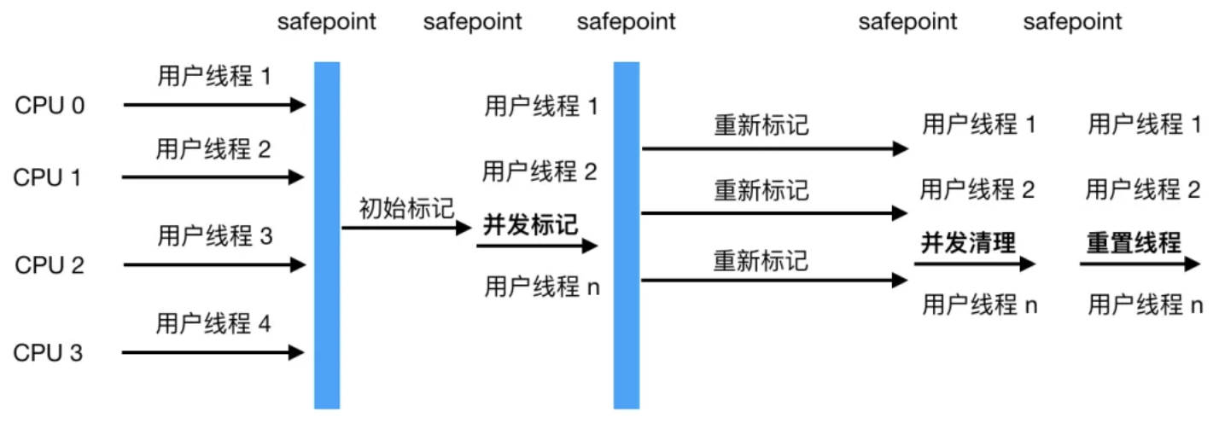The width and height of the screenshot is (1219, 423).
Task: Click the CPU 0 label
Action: click(50, 106)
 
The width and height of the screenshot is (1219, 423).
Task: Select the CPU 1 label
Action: click(47, 177)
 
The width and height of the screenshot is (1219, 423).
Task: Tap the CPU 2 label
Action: click(50, 265)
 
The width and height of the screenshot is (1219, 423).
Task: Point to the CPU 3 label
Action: click(48, 353)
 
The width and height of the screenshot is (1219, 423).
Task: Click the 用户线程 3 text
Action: click(215, 236)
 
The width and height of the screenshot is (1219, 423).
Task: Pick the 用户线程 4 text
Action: click(213, 323)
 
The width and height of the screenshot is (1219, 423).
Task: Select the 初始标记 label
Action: click(406, 208)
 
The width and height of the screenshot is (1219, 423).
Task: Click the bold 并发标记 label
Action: click(531, 224)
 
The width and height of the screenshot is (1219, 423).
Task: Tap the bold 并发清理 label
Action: click(969, 242)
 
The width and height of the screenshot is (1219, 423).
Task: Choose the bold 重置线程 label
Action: click(1134, 242)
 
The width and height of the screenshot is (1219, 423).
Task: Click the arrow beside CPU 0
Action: click(215, 105)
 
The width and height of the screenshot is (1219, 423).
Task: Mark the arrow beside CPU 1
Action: click(213, 177)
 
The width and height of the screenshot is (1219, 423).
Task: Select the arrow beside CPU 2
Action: click(215, 264)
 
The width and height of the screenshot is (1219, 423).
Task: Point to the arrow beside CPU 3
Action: click(213, 352)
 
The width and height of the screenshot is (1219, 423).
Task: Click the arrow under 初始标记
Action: click(406, 228)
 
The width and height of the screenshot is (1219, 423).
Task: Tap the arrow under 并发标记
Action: click(537, 246)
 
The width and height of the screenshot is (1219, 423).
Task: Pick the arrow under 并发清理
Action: click(975, 264)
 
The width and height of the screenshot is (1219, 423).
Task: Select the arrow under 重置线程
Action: click(1140, 264)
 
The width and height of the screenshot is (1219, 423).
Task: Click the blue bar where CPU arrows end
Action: click(327, 235)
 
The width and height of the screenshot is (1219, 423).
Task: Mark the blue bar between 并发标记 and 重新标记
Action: click(627, 235)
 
